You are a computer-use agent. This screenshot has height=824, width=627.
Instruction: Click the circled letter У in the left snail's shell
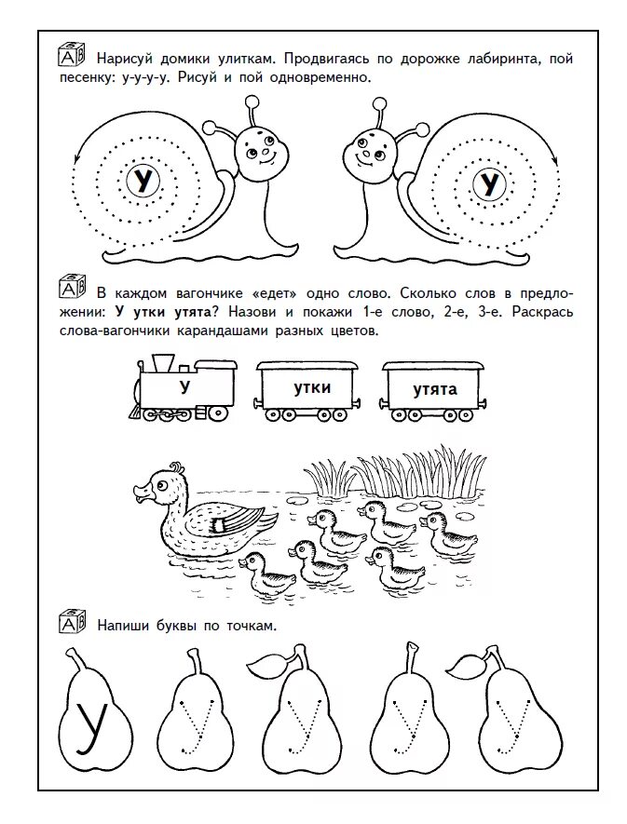(x=143, y=180)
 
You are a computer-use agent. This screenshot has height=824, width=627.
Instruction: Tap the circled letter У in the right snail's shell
(x=487, y=183)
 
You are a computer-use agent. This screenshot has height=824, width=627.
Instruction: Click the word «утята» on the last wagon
(x=435, y=388)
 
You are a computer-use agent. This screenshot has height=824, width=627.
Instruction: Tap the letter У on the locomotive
(x=184, y=385)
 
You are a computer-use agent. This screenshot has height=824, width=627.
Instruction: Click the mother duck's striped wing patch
(x=220, y=527)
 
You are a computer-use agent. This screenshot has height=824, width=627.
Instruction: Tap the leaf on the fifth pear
(x=466, y=663)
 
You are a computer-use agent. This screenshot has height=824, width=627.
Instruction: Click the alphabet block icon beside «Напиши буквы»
(x=72, y=622)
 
